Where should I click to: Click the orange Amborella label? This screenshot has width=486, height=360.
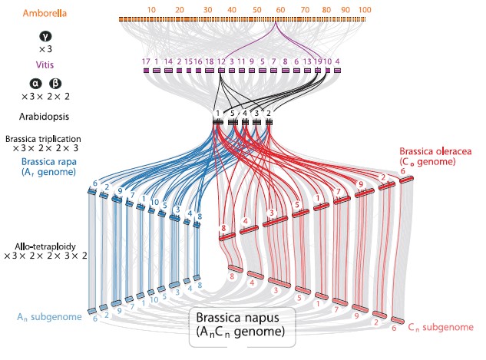coord(45,14)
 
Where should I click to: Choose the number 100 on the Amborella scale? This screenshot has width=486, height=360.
coord(364,9)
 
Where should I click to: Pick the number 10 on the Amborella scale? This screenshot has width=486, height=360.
coord(151,9)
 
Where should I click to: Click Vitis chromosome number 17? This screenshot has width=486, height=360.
coord(146,61)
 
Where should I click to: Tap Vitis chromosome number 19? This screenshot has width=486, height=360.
coord(317,61)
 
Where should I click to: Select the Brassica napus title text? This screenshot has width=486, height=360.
coord(240,318)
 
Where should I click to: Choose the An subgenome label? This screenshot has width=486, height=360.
coord(48,315)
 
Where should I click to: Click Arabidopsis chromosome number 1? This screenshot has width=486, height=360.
coord(217,113)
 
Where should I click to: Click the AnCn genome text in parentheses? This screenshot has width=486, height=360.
coord(240,332)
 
